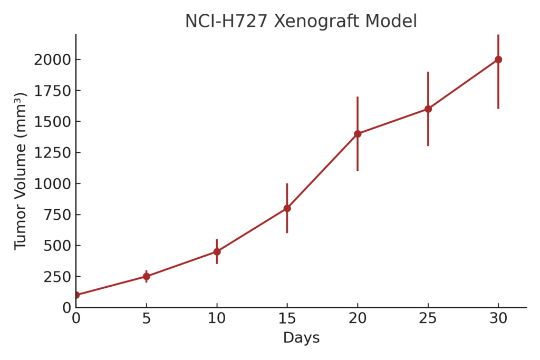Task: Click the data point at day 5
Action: pos(146,276)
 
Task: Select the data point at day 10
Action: pos(217,251)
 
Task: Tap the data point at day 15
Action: pos(287,208)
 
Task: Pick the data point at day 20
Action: pos(358,134)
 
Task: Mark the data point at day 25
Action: pos(428,109)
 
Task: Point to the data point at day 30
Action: pos(498,60)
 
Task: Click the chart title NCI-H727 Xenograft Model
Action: pos(301,21)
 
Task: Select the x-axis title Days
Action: pos(301,338)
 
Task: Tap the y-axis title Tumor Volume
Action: pos(20,171)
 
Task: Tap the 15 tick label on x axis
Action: pos(287,318)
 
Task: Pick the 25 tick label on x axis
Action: pos(428,318)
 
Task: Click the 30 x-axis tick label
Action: pos(498,318)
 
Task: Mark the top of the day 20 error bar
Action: pos(358,97)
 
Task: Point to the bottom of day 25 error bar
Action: pos(428,145)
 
